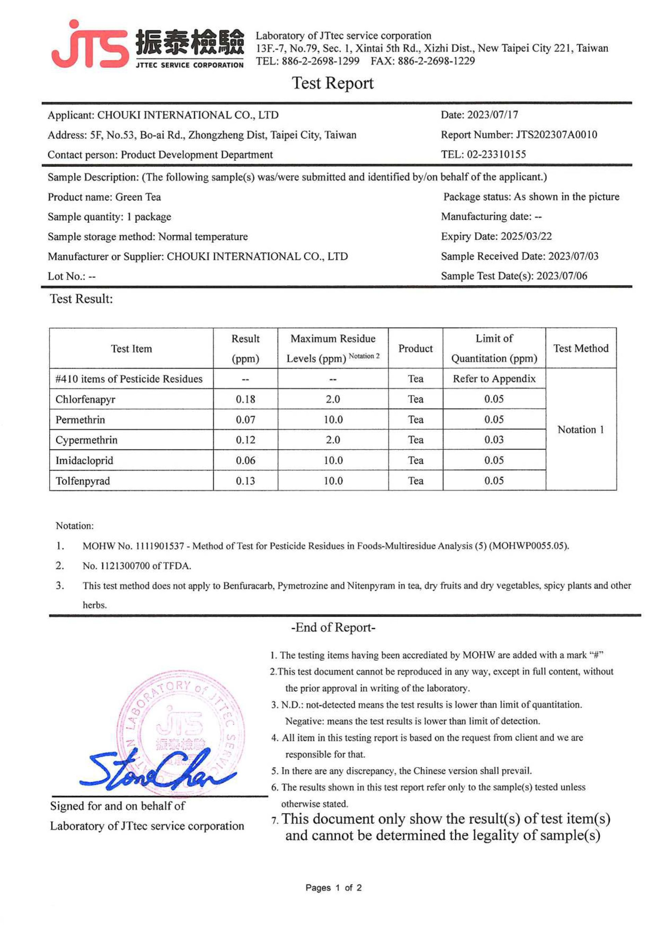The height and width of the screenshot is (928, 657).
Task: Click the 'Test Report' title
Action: tap(333, 83)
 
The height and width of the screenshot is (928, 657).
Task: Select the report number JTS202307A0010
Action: tap(556, 135)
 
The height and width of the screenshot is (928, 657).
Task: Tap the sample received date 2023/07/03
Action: tap(573, 256)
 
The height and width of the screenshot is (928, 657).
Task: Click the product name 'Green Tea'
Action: tap(138, 197)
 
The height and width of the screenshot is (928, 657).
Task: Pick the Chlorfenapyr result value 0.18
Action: tap(246, 399)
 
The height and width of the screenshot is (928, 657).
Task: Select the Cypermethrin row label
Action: tap(87, 440)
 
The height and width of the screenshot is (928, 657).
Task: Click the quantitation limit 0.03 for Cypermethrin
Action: tap(494, 440)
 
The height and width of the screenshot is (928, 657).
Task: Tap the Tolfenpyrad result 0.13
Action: tap(246, 481)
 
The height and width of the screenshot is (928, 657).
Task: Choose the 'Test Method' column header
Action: tap(581, 348)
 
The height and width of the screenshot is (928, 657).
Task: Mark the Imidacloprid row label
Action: tap(84, 460)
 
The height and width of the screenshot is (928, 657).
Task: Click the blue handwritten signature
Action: tap(158, 770)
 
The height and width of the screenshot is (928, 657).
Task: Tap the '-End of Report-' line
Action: tap(333, 628)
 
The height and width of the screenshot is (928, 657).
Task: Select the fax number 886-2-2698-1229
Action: tap(436, 61)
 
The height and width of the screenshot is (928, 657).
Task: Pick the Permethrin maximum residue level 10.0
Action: tap(333, 420)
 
